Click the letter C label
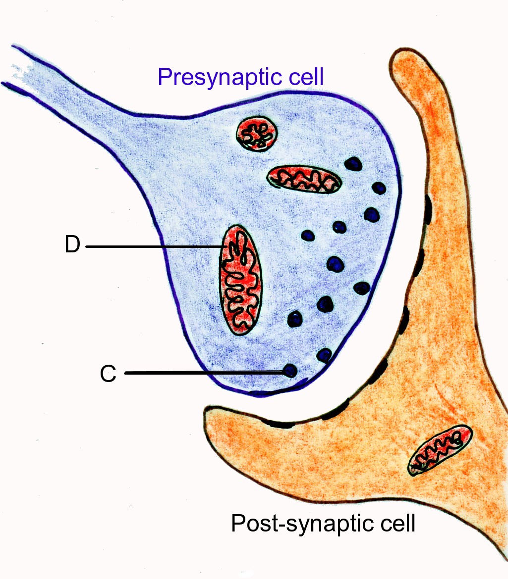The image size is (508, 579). coord(108,374)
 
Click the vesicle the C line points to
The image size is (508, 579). coord(289,370)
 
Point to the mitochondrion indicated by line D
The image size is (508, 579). coord(240,280)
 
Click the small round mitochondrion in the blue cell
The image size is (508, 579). coord(257,133)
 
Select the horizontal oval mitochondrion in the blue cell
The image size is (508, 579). coord(304,179)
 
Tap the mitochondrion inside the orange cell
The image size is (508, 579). coord(440,449)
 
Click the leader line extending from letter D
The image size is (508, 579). coord(154,246)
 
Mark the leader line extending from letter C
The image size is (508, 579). coord(203,373)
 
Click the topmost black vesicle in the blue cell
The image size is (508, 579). coord(353,163)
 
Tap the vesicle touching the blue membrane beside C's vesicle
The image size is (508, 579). coord(324,355)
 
